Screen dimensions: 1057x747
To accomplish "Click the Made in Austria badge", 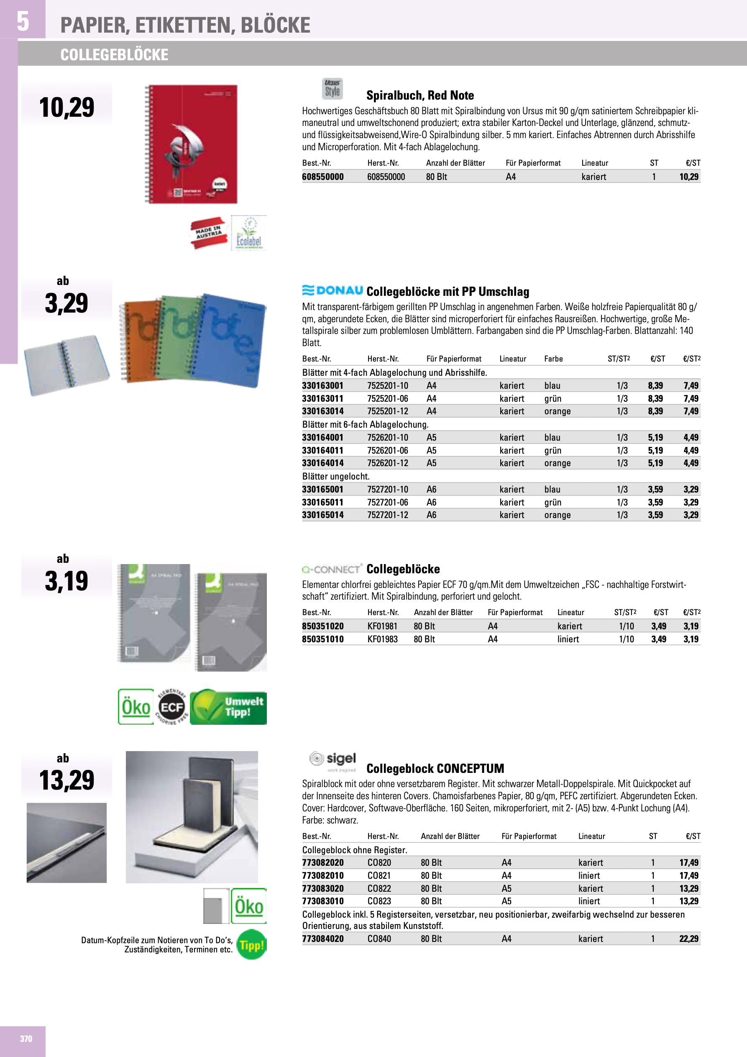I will tap(209, 233).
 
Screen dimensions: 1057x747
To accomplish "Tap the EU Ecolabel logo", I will tap(248, 233).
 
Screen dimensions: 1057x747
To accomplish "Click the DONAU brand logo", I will tap(333, 290).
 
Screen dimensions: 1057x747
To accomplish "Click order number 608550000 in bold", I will tap(322, 177).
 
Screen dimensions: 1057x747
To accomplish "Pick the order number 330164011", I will tap(322, 450).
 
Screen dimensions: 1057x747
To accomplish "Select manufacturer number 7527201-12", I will tap(388, 515).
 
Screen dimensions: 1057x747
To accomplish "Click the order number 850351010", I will tap(322, 639).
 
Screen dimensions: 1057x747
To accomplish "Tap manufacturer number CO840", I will tap(379, 939).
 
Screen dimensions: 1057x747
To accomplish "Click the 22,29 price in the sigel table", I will tap(688, 939).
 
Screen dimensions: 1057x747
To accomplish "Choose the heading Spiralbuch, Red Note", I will tap(420, 95).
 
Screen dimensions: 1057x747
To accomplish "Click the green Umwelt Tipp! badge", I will tap(228, 707).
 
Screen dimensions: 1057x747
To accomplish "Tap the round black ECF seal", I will tap(171, 707).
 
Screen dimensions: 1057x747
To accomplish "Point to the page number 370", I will tap(26, 1039).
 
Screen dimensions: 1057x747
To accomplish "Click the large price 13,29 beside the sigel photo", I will tap(67, 780).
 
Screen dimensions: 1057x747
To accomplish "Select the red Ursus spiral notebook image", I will tap(192, 144).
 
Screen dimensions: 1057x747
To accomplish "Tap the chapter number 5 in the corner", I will tap(23, 21).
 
